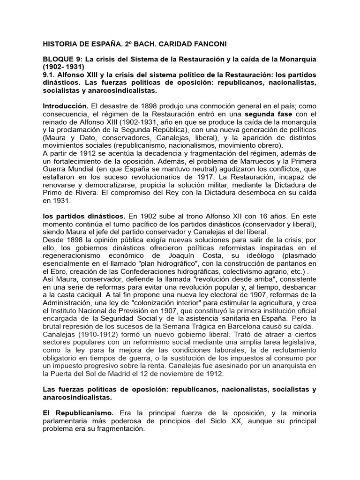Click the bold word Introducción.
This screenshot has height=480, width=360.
point(65,106)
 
